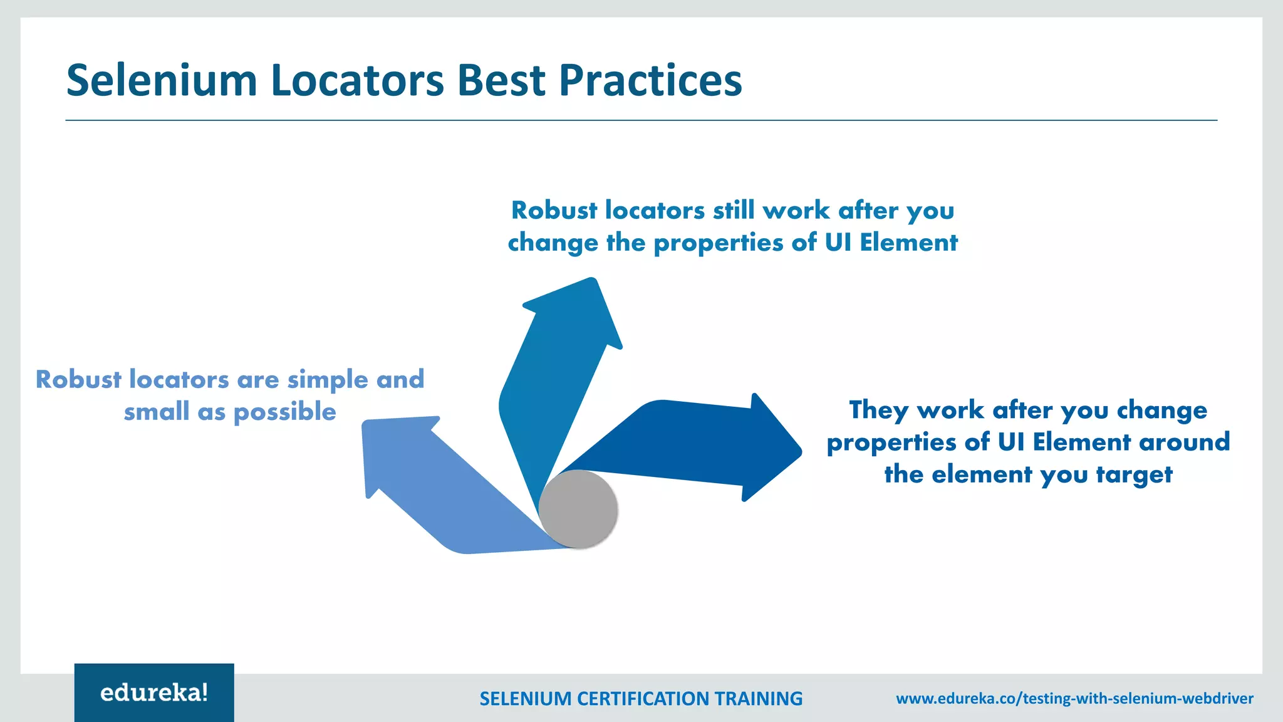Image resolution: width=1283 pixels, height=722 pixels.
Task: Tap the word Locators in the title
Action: (358, 81)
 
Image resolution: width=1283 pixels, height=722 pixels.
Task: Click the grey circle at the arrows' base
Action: (578, 510)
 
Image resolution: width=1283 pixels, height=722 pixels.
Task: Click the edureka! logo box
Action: (154, 693)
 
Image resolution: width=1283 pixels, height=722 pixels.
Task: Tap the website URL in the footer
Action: (1074, 698)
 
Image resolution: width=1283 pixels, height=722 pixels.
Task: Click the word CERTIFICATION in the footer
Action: (643, 698)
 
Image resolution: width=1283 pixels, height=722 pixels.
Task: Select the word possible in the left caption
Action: (284, 412)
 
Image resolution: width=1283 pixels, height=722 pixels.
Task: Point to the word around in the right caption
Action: (1184, 442)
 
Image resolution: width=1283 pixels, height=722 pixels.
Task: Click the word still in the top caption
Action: (734, 211)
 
